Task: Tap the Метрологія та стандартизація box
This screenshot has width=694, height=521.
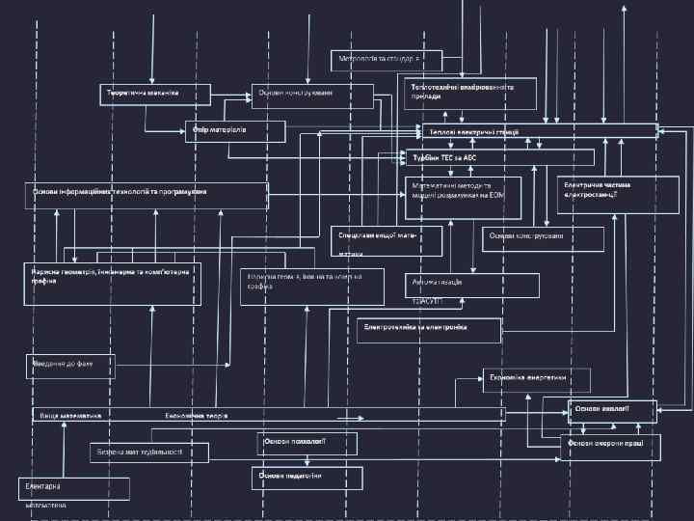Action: (387, 60)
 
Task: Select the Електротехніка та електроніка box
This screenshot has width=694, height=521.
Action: (429, 330)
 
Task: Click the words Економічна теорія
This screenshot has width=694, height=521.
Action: (197, 415)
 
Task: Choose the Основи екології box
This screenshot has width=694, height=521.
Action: (612, 411)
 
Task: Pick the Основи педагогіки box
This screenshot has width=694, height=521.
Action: (307, 477)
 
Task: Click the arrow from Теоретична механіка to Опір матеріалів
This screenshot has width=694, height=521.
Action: (147, 118)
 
